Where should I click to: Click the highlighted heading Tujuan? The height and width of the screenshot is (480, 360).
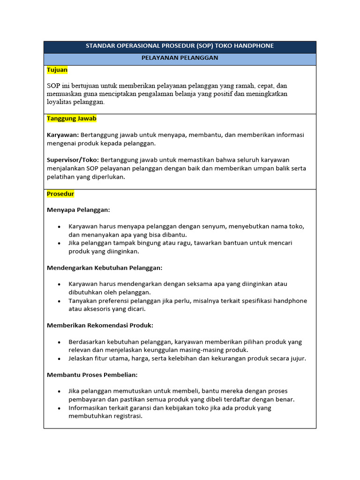57,70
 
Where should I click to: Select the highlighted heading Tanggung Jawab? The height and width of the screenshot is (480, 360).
71,119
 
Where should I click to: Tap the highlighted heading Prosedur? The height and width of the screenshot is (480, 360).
60,194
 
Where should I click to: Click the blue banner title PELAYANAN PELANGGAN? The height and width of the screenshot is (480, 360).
180,58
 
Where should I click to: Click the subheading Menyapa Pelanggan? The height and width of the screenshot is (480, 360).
78,210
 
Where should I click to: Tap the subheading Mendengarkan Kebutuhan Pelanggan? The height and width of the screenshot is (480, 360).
105,268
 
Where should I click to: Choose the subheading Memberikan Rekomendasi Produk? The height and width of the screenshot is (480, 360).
100,325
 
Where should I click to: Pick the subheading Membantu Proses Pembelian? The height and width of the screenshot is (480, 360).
92,375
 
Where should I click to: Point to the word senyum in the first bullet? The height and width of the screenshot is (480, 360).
216,226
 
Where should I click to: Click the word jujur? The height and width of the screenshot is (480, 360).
297,358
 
